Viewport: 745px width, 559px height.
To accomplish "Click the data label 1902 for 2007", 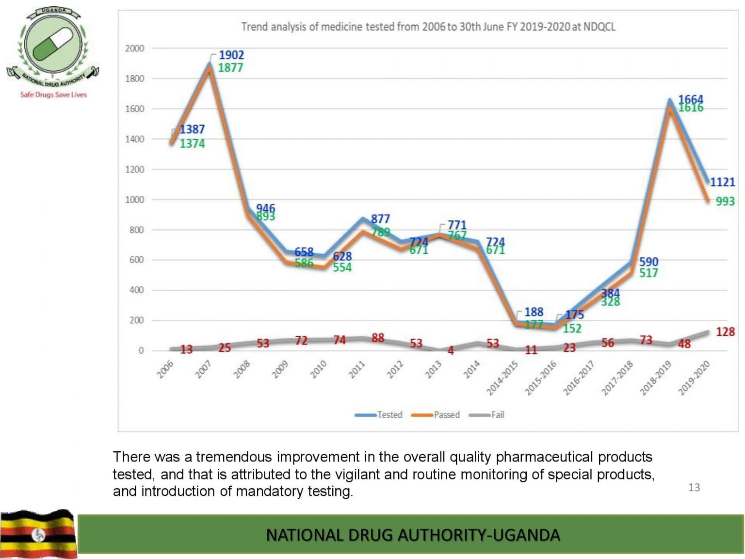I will [231, 55].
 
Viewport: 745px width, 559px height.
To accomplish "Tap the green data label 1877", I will [230, 68].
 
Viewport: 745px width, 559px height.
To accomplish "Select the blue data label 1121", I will [722, 182].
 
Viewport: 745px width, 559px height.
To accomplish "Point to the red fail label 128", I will [725, 332].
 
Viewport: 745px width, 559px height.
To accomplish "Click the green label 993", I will [725, 201].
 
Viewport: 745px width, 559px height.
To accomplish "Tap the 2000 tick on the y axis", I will [134, 49].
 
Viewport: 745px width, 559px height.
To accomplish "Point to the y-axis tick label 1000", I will [134, 199].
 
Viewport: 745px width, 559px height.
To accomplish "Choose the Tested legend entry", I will [379, 415].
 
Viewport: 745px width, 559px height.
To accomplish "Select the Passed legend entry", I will [436, 415].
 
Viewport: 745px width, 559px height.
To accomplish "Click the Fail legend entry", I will [488, 415].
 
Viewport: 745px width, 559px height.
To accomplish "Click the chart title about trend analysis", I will [428, 27].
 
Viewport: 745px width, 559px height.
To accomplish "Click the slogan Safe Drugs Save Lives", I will [53, 95].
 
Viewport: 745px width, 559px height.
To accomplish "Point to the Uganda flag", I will [38, 534].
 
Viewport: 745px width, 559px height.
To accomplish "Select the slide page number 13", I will [694, 487].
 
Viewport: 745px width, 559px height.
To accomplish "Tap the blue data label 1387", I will [192, 130].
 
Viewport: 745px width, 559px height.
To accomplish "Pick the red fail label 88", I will [378, 338].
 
